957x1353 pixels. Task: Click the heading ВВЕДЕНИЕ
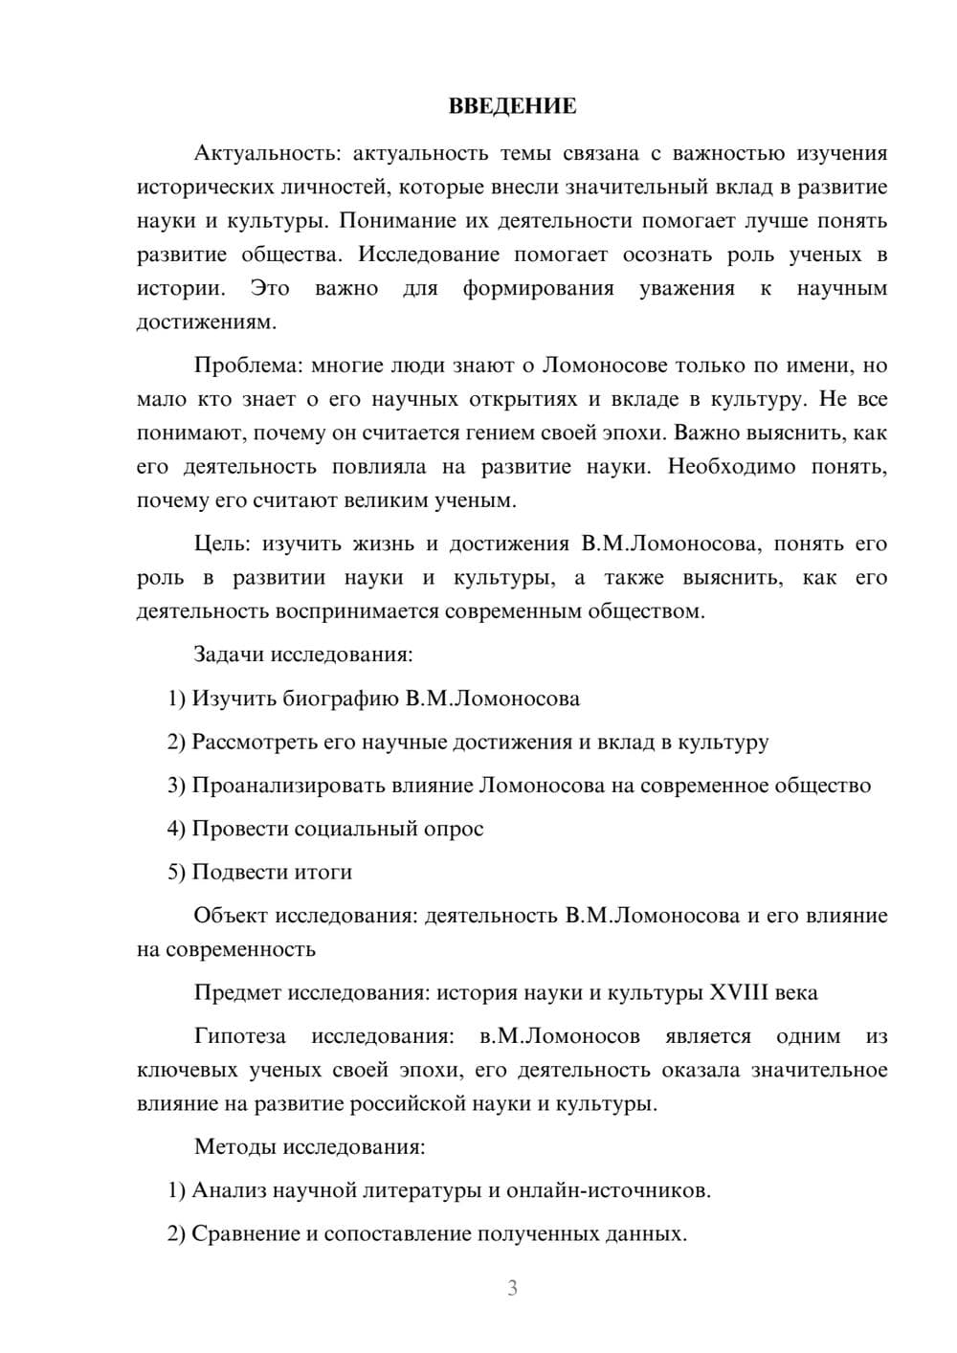coord(512,106)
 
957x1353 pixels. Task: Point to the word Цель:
coord(222,543)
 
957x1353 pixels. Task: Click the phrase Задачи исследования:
coord(303,654)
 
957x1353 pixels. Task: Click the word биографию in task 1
coord(341,699)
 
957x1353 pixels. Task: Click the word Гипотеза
coord(240,1036)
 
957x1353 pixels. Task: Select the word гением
coord(526,433)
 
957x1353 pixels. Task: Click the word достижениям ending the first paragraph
coord(206,322)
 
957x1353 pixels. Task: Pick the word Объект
coord(231,916)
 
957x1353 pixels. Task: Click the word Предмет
coord(237,992)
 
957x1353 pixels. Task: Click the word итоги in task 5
coord(324,872)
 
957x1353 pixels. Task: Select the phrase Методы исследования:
coord(309,1146)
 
